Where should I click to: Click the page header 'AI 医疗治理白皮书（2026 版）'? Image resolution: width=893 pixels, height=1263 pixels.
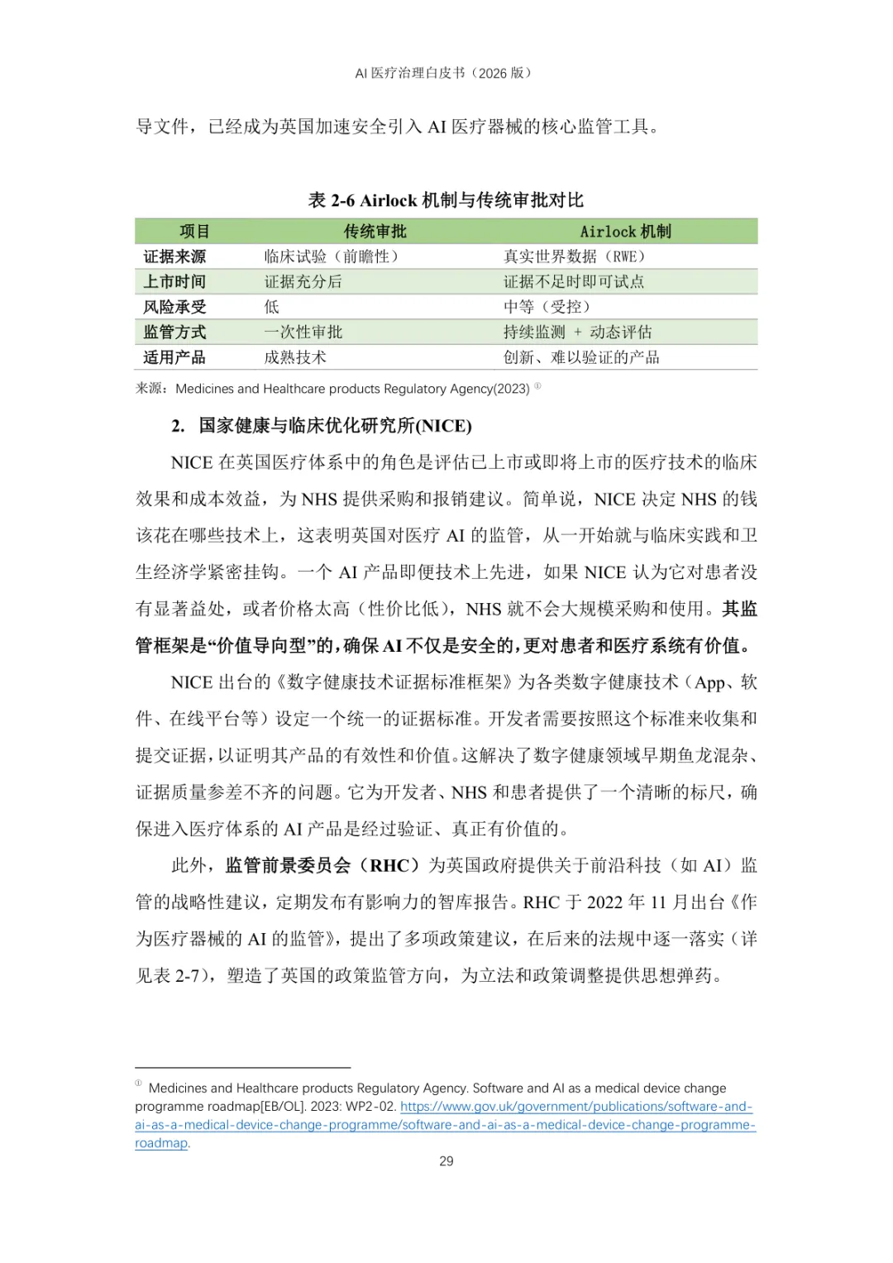pos(446,73)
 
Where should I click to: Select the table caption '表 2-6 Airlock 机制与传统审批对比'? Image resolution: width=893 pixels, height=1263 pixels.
pos(446,200)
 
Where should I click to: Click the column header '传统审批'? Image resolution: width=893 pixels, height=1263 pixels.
pos(375,232)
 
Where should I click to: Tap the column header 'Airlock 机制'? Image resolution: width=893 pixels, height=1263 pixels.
pos(625,232)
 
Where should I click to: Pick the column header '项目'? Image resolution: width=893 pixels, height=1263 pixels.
pos(195,232)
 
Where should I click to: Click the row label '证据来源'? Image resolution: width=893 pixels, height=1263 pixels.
pos(174,256)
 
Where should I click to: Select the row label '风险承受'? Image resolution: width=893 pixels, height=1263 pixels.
pos(174,307)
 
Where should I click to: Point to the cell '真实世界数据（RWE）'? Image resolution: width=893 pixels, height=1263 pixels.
pos(574,256)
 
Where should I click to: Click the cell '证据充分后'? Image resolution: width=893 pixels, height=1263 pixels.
pos(303,282)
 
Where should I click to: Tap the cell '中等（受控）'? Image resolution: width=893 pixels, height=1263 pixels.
pos(547,307)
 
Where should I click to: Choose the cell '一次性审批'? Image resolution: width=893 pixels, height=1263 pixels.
pos(303,332)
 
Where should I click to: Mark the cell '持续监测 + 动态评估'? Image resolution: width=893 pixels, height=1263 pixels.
pos(577,332)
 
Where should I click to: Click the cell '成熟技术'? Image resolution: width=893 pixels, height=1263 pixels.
pos(295,357)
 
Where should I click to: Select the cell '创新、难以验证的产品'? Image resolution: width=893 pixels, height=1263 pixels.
pos(581,357)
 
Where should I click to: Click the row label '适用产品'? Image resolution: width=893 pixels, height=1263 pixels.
pos(174,357)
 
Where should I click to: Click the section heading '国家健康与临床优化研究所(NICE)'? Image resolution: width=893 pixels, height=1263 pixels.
pos(335,426)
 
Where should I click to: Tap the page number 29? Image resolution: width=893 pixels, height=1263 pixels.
pos(446,1161)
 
